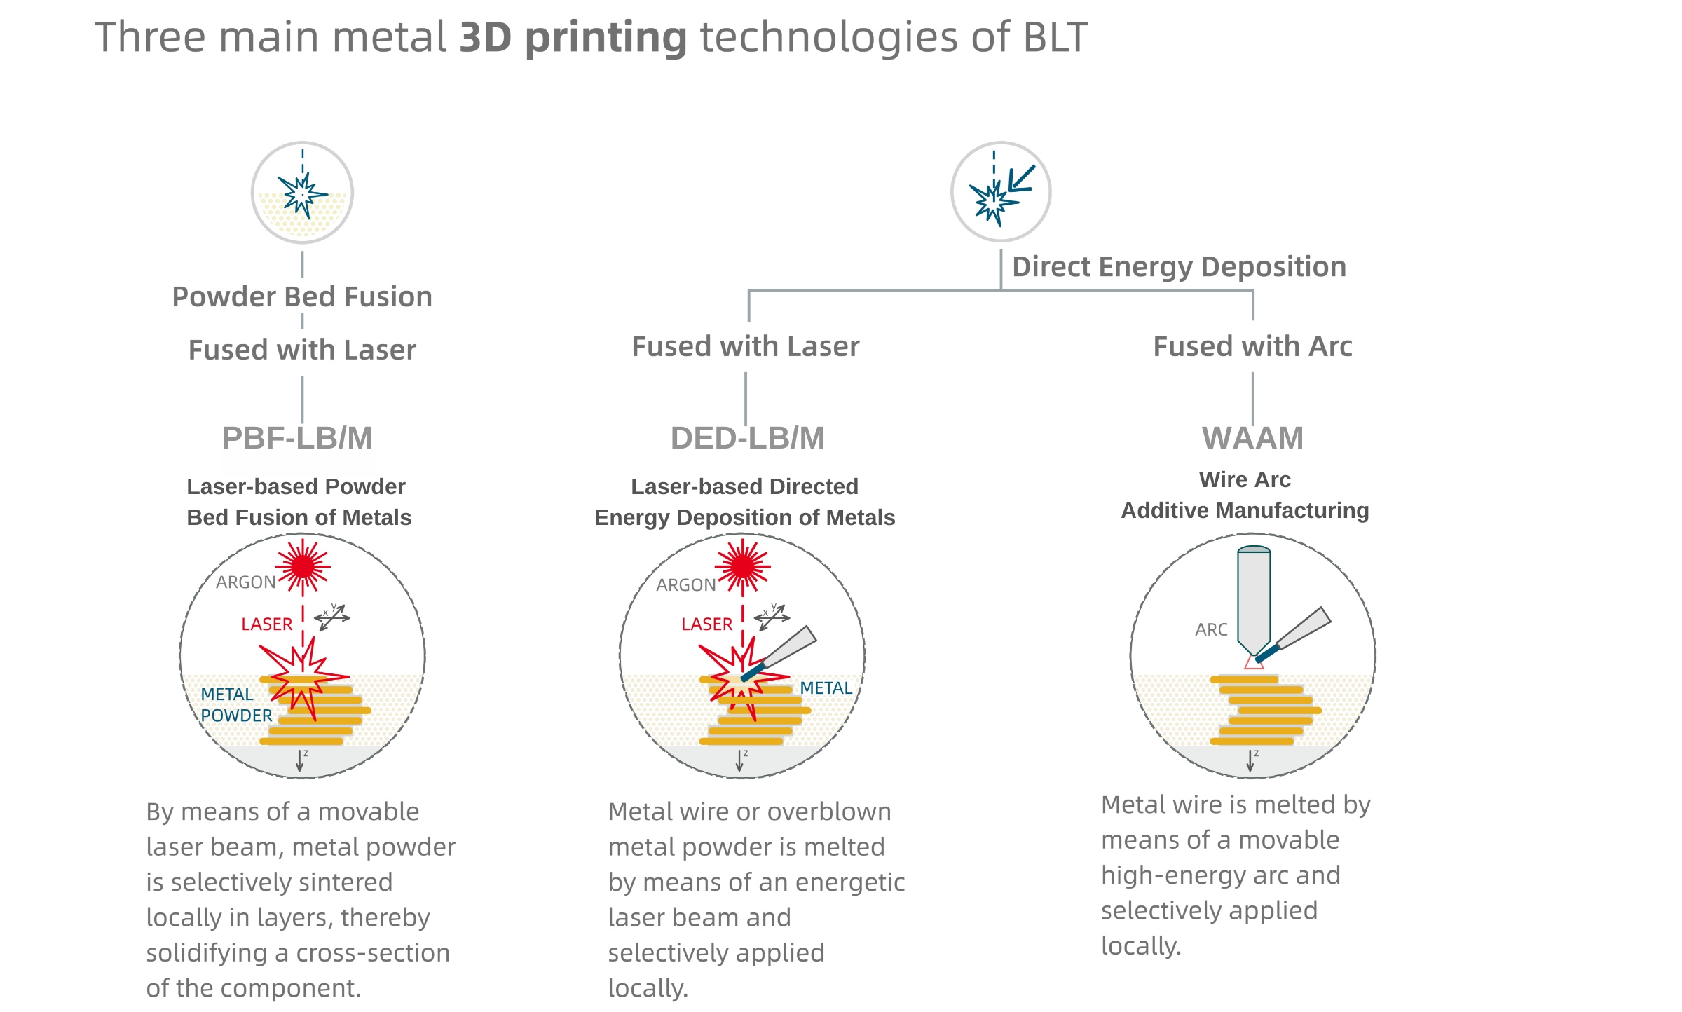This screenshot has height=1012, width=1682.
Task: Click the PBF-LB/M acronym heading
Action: click(297, 438)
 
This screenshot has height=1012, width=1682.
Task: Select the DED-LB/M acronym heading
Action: click(747, 438)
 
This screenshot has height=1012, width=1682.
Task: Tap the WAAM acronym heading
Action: click(1252, 438)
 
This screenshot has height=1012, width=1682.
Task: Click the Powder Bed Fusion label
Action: click(302, 297)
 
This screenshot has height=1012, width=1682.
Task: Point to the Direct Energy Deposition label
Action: click(1179, 267)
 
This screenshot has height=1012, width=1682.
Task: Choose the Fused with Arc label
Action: click(1252, 346)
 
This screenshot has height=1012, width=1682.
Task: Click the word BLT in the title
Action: click(1055, 38)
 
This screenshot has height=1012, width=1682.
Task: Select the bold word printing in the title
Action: click(606, 38)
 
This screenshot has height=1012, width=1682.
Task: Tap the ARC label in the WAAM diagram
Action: click(1211, 629)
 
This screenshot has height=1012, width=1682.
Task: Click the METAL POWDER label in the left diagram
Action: click(236, 705)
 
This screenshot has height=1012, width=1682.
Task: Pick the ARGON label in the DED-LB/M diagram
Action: click(685, 585)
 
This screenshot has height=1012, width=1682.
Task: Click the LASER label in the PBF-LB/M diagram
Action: click(266, 624)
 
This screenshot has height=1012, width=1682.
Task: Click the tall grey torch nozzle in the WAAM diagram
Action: click(1254, 599)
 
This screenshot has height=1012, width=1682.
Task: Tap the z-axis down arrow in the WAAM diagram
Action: click(1251, 760)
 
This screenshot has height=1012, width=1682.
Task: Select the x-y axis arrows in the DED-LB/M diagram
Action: click(772, 617)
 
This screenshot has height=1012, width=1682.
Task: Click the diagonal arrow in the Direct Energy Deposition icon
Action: click(1021, 179)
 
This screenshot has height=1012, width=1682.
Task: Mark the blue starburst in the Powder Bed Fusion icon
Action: click(302, 195)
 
